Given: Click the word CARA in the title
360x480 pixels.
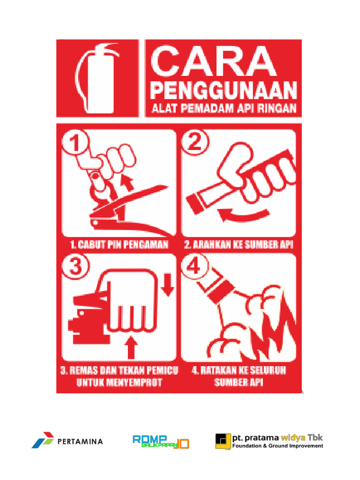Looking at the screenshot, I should (x=214, y=61).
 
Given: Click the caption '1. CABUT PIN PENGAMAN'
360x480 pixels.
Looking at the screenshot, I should (x=119, y=245).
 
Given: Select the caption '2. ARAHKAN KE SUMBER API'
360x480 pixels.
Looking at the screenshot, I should (x=239, y=245).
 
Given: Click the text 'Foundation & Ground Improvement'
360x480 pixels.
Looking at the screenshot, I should (x=277, y=446).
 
